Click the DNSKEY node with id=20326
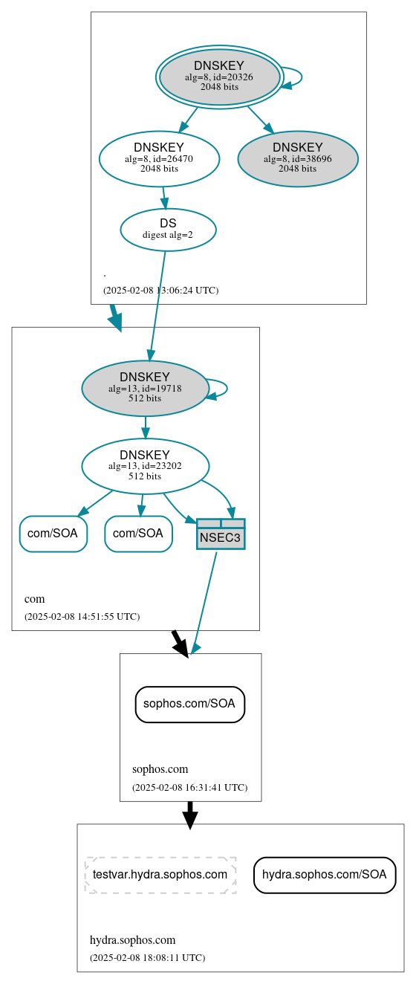click(x=219, y=77)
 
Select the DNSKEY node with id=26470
click(x=159, y=158)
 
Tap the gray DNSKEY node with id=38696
click(x=298, y=158)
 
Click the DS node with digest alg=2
click(x=168, y=230)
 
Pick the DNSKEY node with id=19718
click(x=145, y=388)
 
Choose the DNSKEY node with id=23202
click(x=145, y=466)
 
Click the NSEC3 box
click(x=221, y=534)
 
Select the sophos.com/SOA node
click(x=189, y=704)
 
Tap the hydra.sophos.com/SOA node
click(x=324, y=875)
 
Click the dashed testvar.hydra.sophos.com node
click(x=160, y=875)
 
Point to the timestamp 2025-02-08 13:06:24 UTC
click(x=160, y=291)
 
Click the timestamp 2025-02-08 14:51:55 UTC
click(x=82, y=617)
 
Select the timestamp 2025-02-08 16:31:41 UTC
click(x=189, y=788)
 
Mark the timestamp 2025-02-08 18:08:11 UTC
click(x=147, y=958)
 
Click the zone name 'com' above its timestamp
click(x=35, y=599)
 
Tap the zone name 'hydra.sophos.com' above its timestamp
click(x=132, y=940)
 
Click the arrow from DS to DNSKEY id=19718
click(x=157, y=305)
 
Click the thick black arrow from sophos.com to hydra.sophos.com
click(x=190, y=815)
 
